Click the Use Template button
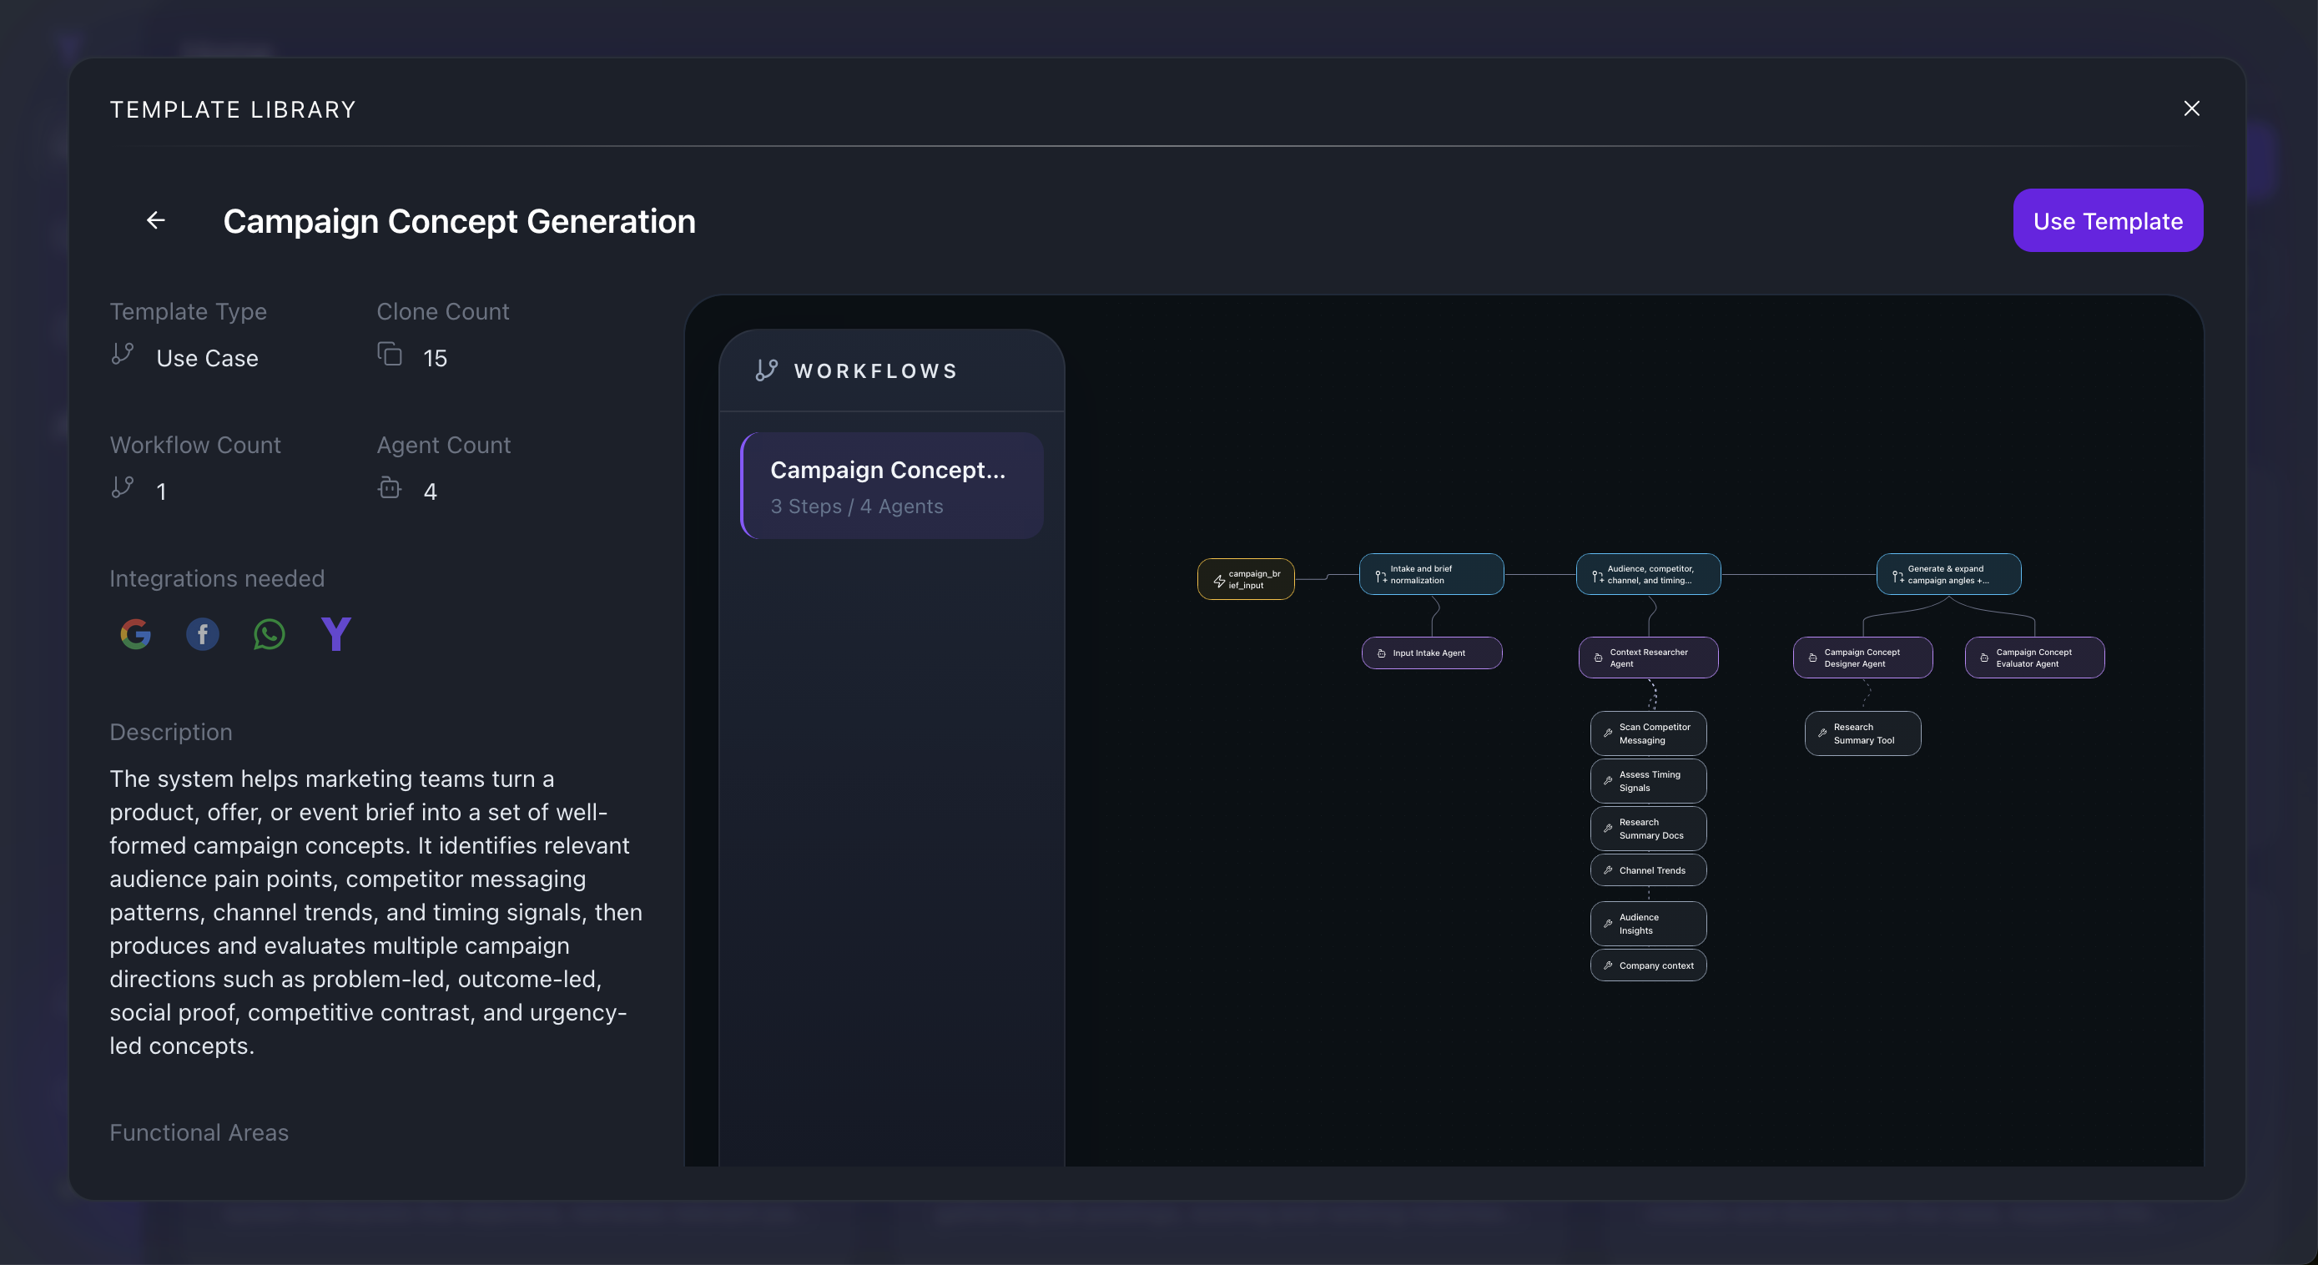click(x=2108, y=220)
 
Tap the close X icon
click(x=2192, y=108)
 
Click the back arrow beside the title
click(x=156, y=220)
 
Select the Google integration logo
click(x=136, y=634)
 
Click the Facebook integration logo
click(x=203, y=634)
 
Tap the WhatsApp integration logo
click(x=269, y=634)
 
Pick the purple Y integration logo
click(x=336, y=634)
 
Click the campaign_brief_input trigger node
click(x=1246, y=579)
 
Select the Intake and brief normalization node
click(x=1431, y=574)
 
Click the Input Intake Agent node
click(x=1432, y=653)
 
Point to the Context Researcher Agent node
click(x=1649, y=658)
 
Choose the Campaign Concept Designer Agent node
click(x=1862, y=658)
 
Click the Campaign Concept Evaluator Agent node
click(x=2034, y=658)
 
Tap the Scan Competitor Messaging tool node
click(x=1649, y=733)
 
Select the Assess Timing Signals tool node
click(x=1649, y=781)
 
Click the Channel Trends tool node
click(x=1649, y=870)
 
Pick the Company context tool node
click(x=1649, y=965)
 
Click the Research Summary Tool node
click(x=1862, y=733)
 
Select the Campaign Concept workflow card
click(x=892, y=486)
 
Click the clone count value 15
click(x=435, y=358)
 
